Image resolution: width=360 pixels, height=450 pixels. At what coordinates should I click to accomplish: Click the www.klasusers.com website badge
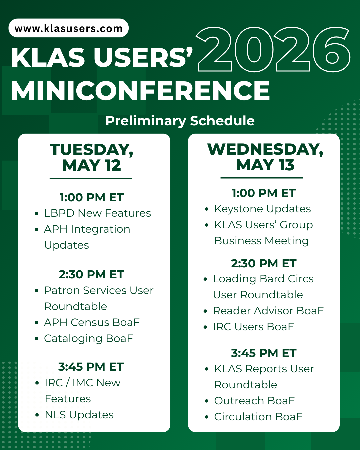pos(68,28)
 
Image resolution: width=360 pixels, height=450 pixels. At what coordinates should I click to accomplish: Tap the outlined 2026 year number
pos(273,50)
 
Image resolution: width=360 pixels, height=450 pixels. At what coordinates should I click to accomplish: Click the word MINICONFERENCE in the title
pos(140,91)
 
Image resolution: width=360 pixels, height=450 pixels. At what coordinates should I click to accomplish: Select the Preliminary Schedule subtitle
pos(180,121)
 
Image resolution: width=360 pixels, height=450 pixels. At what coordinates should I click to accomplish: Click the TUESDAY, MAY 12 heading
pos(92,157)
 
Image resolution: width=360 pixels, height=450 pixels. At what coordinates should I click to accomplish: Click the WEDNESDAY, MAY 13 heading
pos(265,157)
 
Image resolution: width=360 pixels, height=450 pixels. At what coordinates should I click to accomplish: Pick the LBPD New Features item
pos(97,213)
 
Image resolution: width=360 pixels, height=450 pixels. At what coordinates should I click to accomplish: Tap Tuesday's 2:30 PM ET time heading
pos(91,274)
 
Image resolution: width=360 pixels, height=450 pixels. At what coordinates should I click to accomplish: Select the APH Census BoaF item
pos(92,322)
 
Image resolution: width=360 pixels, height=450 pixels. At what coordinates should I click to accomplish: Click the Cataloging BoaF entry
pos(88,338)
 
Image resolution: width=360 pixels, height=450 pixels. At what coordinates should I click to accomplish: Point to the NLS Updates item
pos(79,415)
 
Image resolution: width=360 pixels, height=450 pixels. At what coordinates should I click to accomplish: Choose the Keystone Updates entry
pos(262,209)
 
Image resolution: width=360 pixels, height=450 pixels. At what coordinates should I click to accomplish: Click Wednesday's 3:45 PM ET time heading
pos(264,353)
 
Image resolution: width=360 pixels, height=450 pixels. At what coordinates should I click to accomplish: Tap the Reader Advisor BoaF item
pos(268,311)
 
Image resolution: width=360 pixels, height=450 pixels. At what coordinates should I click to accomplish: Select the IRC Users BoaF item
pos(253,327)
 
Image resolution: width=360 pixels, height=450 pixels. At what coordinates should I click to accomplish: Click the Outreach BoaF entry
pos(254,401)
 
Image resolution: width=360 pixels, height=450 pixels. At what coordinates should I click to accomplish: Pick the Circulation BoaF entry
pos(258,417)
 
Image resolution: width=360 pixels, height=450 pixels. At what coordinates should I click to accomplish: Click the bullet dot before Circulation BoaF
pos(207,417)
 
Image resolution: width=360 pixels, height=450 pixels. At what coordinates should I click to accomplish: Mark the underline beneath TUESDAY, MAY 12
pos(91,179)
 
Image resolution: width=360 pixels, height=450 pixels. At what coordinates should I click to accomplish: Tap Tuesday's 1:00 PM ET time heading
pos(92,197)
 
